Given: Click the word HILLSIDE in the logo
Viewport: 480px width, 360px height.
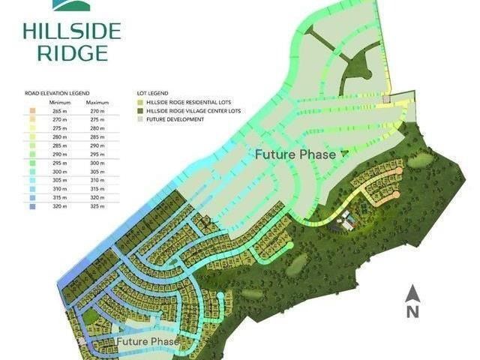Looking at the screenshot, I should (x=71, y=31).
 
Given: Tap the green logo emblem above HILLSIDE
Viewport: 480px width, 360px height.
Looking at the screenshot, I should (x=71, y=6).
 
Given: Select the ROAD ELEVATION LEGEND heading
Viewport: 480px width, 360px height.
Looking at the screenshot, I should (x=57, y=94).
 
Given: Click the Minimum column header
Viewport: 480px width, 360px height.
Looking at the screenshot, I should (x=60, y=102).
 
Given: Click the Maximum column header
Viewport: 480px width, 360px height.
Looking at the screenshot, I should (x=97, y=102).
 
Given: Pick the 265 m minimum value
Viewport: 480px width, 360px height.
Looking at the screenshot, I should (x=60, y=110).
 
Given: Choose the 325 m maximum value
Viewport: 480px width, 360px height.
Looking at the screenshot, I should (x=97, y=205).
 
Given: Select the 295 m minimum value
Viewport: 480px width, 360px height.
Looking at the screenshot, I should (x=60, y=162).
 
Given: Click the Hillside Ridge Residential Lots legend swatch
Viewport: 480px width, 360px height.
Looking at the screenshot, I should (x=140, y=102).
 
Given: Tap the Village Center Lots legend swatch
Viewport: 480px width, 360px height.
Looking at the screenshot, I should (x=140, y=110).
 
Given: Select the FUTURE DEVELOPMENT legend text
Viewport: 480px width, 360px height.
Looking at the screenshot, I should (x=176, y=118).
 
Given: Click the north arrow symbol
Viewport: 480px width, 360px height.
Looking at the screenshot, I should (x=412, y=293).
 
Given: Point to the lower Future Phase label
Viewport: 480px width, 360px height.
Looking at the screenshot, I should (x=148, y=342).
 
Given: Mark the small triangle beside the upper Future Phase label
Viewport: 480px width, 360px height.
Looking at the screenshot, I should (x=344, y=153).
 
